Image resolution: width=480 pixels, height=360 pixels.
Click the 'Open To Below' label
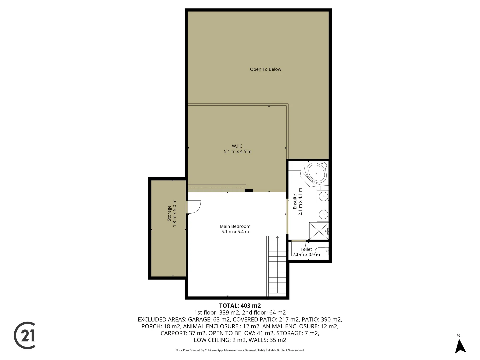pyautogui.click(x=265, y=69)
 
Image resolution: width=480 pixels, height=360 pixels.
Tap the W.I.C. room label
pyautogui.click(x=237, y=146)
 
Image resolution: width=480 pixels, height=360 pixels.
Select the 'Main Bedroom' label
pyautogui.click(x=235, y=226)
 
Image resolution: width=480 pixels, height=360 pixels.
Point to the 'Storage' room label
pyautogui.click(x=169, y=213)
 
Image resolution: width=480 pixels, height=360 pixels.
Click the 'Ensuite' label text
pyautogui.click(x=295, y=202)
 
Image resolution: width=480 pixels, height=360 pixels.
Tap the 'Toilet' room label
pyautogui.click(x=306, y=249)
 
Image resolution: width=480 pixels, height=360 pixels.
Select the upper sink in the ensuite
pyautogui.click(x=323, y=197)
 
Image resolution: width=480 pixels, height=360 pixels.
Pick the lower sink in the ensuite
pyautogui.click(x=323, y=214)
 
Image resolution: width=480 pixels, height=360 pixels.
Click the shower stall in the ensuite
pyautogui.click(x=319, y=231)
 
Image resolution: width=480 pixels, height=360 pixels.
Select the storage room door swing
pyautogui.click(x=194, y=207)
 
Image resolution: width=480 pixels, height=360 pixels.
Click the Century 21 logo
pyautogui.click(x=25, y=335)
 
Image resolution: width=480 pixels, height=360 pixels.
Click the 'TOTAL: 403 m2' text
pyautogui.click(x=240, y=306)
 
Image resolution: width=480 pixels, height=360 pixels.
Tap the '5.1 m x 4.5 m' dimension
pyautogui.click(x=237, y=152)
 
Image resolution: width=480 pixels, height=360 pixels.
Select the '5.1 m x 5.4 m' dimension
pyautogui.click(x=235, y=232)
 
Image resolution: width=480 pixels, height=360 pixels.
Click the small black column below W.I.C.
pyautogui.click(x=249, y=191)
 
